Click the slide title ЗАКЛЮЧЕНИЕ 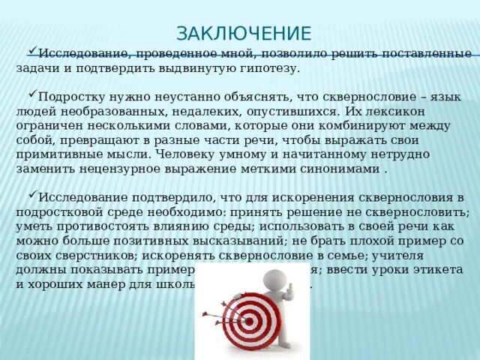pyautogui.click(x=243, y=33)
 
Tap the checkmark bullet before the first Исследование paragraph pyautogui.click(x=32, y=53)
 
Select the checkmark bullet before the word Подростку pyautogui.click(x=32, y=97)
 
